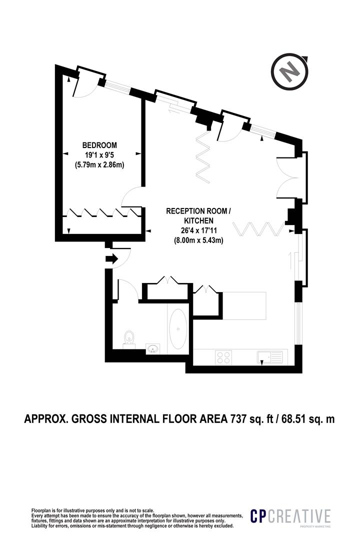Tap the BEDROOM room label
click(x=103, y=145)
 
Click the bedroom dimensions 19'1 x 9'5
click(x=103, y=154)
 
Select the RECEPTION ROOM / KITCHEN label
click(x=198, y=215)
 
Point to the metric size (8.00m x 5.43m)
click(x=198, y=240)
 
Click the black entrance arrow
click(x=111, y=259)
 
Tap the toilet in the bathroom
click(x=128, y=338)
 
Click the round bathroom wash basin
click(x=153, y=348)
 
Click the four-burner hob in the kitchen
click(x=223, y=357)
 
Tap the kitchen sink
click(x=270, y=357)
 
